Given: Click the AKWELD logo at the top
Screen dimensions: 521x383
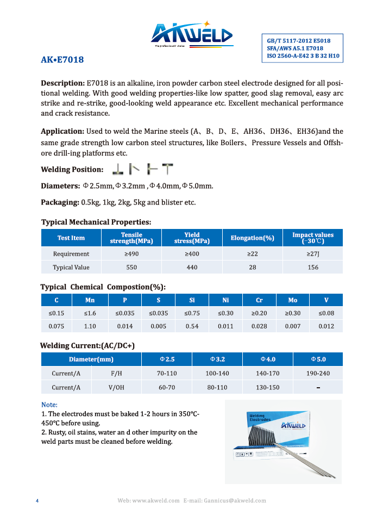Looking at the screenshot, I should tap(191, 35).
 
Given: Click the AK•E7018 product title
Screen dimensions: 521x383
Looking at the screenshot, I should tap(62, 60).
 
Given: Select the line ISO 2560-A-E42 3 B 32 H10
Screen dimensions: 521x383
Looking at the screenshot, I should tap(303, 56).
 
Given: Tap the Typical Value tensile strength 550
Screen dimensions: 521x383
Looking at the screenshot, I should tap(131, 268).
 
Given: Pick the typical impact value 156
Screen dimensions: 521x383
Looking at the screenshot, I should tap(313, 268).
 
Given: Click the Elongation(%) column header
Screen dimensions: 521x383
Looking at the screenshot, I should tap(253, 238).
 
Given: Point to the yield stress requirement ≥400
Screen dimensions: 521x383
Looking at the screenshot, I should tap(192, 254).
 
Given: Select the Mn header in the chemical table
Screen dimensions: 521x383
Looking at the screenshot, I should tap(90, 300).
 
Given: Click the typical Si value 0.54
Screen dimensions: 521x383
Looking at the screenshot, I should tap(192, 326).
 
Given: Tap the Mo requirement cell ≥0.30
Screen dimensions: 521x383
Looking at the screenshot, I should tap(293, 313).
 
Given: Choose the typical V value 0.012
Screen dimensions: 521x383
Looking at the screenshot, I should tap(327, 326).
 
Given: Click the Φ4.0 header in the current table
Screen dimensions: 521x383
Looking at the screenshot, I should tap(268, 359).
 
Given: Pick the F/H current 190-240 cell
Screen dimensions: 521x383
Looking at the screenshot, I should tap(318, 374).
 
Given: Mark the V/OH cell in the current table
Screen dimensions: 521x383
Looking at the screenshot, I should tap(116, 388).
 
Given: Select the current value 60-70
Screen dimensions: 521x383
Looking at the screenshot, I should tap(167, 388).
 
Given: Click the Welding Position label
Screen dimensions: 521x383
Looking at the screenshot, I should tap(72, 170).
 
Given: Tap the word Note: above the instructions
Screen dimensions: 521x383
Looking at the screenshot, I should tap(49, 405).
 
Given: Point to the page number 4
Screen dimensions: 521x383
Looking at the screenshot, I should tap(37, 500).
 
